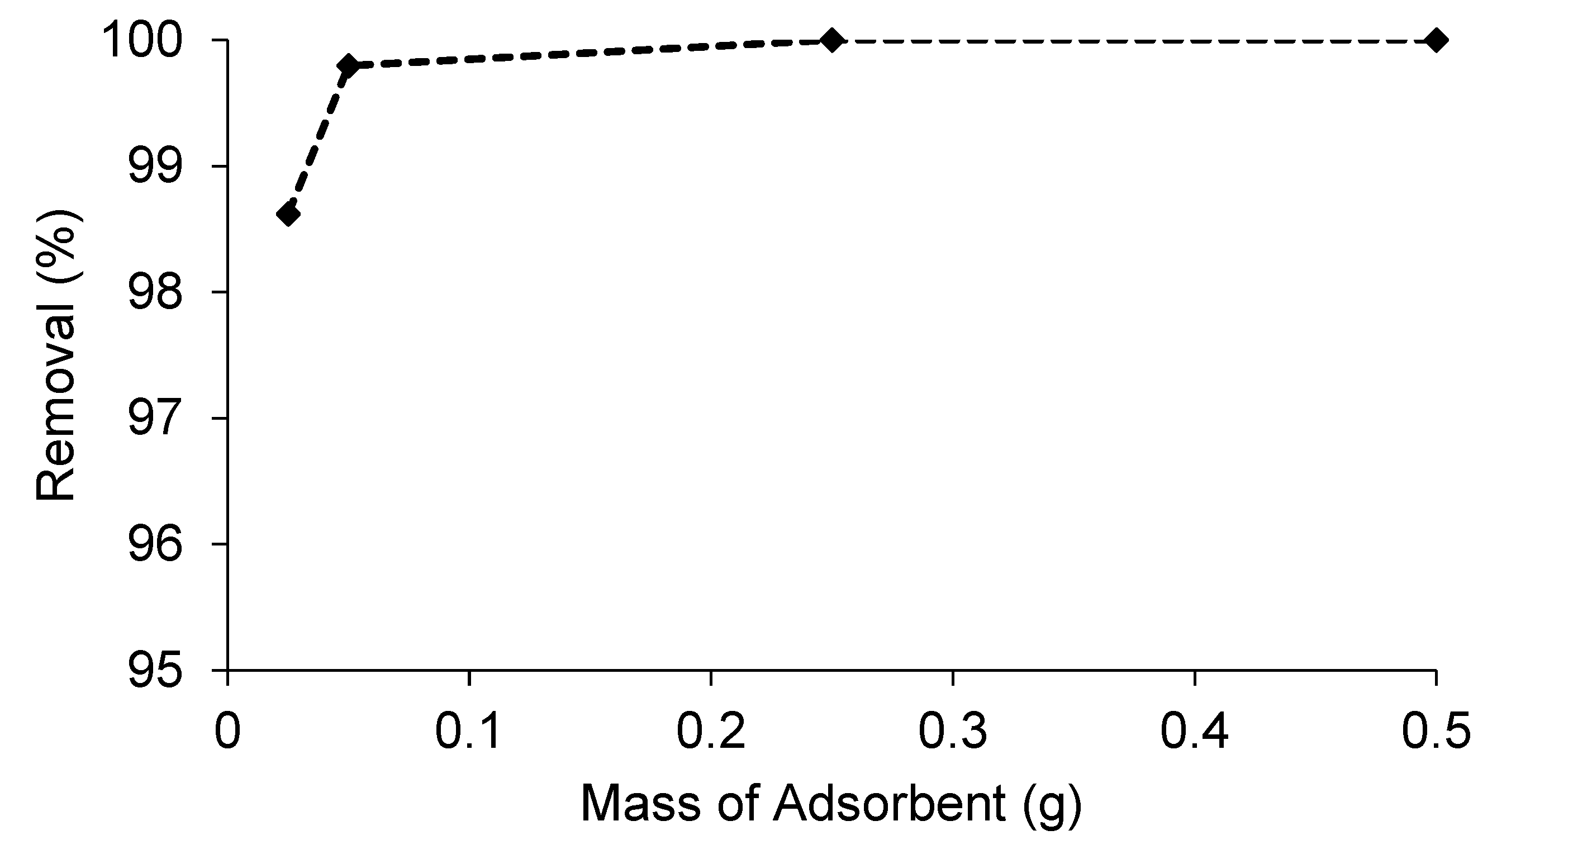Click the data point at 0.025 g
click(x=288, y=215)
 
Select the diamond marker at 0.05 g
click(x=349, y=65)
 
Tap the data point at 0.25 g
click(x=831, y=40)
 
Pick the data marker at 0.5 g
click(x=1436, y=40)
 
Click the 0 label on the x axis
click(x=227, y=732)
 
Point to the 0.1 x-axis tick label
click(x=468, y=732)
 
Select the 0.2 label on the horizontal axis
click(x=710, y=732)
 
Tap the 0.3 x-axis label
click(x=952, y=732)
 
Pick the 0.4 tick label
click(x=1194, y=732)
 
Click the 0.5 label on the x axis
click(x=1436, y=732)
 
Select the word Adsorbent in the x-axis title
click(x=889, y=804)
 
